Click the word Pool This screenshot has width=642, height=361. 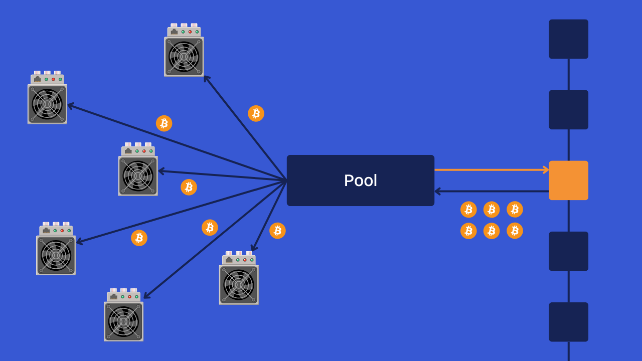[360, 180]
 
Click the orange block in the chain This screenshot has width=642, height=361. [568, 180]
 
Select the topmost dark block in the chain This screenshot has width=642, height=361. [568, 39]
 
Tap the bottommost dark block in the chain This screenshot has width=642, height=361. [568, 322]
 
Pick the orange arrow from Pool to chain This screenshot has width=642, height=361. [492, 170]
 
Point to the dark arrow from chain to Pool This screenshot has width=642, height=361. [492, 191]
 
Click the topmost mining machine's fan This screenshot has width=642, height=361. [184, 57]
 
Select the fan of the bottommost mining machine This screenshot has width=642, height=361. [123, 321]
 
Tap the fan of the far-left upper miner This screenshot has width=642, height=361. [47, 104]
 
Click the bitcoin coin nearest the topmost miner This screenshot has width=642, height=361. [256, 113]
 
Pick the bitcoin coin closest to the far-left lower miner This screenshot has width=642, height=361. [139, 238]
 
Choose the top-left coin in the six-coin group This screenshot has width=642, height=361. [468, 209]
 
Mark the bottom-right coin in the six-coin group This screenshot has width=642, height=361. [515, 231]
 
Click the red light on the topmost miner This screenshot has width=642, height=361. [190, 32]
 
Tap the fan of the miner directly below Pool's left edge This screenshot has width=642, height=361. [239, 285]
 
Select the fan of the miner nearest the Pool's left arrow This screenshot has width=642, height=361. [138, 176]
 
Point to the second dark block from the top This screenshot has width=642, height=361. [568, 110]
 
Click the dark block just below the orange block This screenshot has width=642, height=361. [568, 251]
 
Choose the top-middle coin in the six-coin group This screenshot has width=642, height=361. [492, 209]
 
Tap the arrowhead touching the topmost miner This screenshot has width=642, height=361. [206, 78]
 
